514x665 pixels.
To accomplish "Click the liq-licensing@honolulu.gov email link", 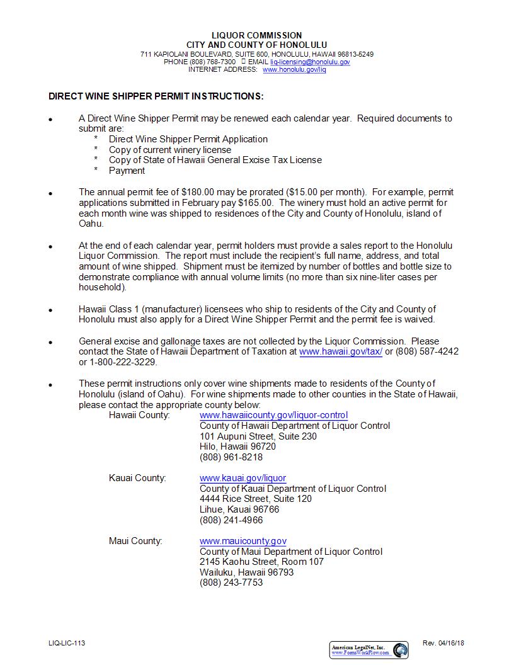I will tap(310, 62).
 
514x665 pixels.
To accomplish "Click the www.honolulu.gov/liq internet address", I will tap(294, 70).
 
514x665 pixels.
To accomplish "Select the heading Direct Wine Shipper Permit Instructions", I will tap(156, 96).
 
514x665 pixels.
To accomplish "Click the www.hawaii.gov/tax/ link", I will tap(341, 352).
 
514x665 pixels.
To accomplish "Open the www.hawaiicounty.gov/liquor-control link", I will tap(273, 416).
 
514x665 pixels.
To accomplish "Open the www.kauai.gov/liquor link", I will tap(243, 478).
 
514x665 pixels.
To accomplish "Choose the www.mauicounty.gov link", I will tap(243, 541).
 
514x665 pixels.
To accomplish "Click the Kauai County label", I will tap(137, 478).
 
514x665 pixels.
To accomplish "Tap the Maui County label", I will tap(135, 541).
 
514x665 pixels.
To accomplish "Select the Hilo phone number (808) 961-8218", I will tap(231, 457).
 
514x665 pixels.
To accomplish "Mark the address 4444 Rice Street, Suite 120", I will tap(256, 499).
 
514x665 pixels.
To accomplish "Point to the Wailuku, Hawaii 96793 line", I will tap(246, 572).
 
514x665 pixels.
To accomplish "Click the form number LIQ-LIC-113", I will tap(67, 643).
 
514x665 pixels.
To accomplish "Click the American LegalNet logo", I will tap(369, 650).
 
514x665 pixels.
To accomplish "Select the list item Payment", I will tap(127, 171).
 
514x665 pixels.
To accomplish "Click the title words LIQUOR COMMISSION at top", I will tap(256, 35).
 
